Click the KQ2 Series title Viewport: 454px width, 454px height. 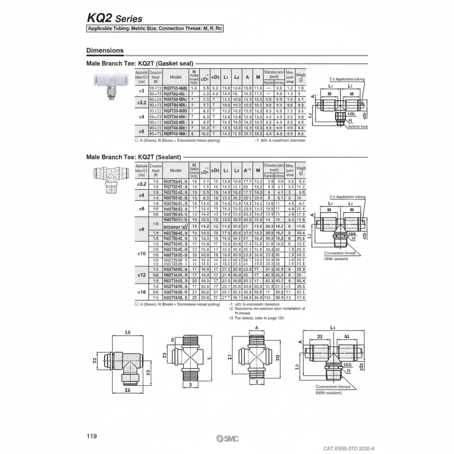point(114,18)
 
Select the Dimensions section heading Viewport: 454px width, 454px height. point(105,51)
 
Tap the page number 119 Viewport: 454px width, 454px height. point(92,436)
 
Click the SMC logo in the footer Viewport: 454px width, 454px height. point(227,438)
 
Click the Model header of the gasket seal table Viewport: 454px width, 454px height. point(175,77)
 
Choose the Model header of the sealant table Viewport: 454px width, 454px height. point(175,170)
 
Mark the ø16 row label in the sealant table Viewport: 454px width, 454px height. point(141,293)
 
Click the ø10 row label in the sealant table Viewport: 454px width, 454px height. point(141,253)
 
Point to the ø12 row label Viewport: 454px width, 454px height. point(141,275)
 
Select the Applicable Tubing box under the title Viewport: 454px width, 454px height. point(155,28)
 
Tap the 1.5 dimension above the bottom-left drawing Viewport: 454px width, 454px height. point(128,333)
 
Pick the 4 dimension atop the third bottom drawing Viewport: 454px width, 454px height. point(256,327)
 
